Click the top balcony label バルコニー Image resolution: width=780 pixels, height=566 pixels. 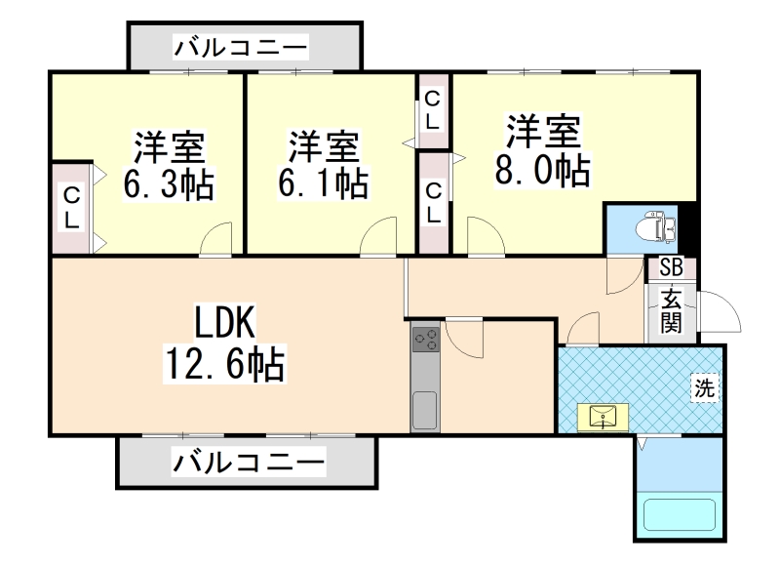point(241,47)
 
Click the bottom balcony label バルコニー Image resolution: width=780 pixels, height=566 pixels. point(248,462)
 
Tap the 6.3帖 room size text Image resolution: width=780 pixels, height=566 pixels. point(169,182)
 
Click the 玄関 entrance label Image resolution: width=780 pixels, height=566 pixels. point(672,311)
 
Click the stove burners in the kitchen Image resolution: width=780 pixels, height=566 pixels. point(426,340)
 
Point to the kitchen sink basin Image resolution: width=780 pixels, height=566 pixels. point(425,411)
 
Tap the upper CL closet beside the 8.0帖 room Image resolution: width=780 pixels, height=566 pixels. point(432,110)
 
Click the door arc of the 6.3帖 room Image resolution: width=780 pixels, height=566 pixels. point(217,239)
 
